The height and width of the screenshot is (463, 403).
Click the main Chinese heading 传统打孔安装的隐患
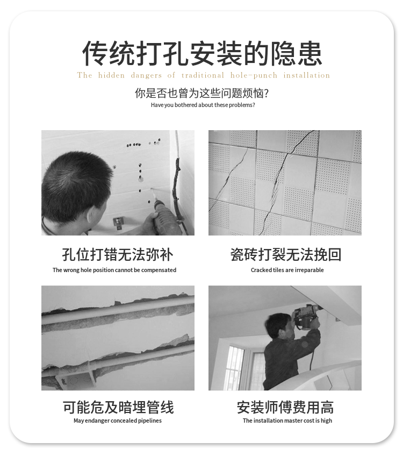202,53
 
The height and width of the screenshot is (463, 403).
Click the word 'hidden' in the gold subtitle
111,75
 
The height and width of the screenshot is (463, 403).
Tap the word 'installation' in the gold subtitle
306,75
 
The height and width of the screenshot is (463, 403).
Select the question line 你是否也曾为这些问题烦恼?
202,93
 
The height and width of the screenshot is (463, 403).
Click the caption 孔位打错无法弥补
118,254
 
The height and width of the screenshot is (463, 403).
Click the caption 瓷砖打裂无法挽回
285,254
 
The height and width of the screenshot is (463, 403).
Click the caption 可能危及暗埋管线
118,407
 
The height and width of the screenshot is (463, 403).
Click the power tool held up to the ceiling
307,317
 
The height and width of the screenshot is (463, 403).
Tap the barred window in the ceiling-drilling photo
234,368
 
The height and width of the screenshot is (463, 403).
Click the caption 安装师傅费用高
285,407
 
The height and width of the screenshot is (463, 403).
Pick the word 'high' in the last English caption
326,421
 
